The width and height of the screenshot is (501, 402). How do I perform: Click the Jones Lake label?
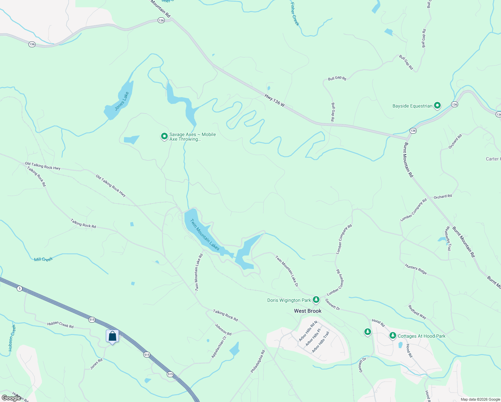[122, 101]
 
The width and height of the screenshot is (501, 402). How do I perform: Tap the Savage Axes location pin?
[164, 136]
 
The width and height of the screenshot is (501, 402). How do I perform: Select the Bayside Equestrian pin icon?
[437, 106]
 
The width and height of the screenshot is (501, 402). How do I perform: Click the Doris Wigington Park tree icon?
[316, 299]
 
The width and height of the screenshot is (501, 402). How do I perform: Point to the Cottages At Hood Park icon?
[393, 335]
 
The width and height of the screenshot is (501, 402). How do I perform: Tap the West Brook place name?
[307, 311]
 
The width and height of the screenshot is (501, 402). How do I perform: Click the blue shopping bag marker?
[113, 336]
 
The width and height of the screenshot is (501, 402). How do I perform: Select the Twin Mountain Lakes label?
[205, 235]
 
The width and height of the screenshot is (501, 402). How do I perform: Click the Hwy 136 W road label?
[275, 100]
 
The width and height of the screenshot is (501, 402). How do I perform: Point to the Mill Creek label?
[44, 259]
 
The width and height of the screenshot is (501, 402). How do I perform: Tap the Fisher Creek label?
[295, 14]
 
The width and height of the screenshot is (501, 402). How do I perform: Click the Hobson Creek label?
[12, 338]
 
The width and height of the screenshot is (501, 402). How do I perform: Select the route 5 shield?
[20, 288]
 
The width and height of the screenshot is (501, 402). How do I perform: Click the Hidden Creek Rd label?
[60, 324]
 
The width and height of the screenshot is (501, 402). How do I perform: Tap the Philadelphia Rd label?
[258, 361]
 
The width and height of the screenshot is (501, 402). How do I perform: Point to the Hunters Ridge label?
[416, 269]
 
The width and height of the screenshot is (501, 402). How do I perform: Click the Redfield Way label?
[417, 312]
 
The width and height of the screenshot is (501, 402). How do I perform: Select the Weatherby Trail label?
[448, 238]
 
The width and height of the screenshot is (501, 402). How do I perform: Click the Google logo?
[11, 398]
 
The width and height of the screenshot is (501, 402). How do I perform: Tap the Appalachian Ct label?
[219, 347]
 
